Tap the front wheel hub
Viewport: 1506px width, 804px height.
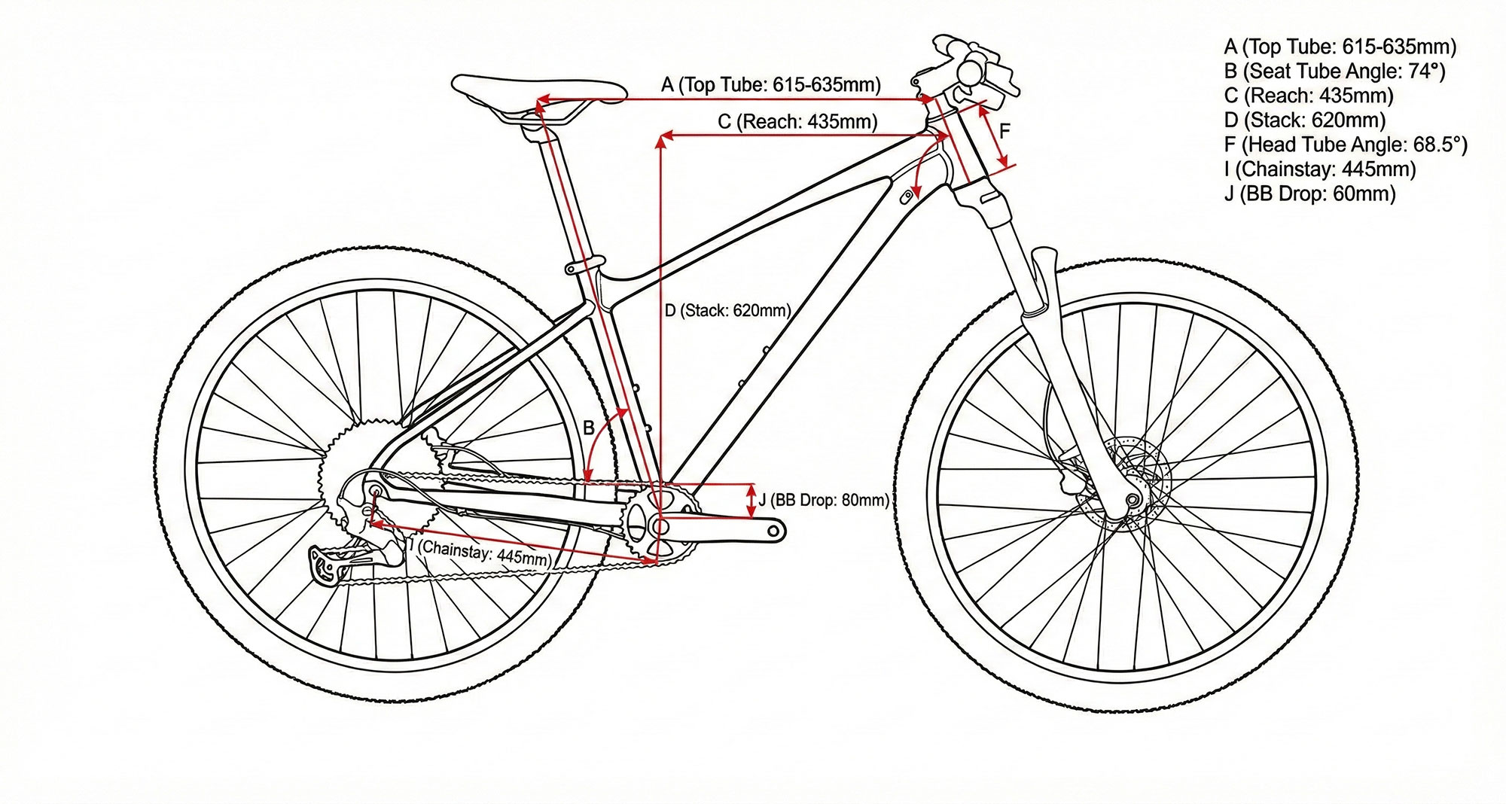click(x=1132, y=500)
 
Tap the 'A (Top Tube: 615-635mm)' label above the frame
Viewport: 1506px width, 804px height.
click(x=770, y=84)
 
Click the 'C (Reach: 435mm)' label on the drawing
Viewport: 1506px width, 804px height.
click(x=797, y=121)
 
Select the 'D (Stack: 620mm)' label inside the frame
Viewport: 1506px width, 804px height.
click(x=727, y=310)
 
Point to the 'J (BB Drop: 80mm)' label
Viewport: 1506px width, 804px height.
click(x=823, y=500)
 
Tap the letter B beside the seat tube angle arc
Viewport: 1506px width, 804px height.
click(x=590, y=428)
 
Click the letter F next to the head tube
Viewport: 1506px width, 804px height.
click(x=1005, y=132)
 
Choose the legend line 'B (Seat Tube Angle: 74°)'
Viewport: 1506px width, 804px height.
click(x=1334, y=71)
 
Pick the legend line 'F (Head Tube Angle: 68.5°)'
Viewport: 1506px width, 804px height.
click(x=1346, y=145)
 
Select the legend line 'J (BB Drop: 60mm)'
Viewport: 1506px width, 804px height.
click(x=1309, y=193)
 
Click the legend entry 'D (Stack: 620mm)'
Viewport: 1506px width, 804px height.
click(x=1304, y=120)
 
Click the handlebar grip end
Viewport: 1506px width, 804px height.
click(x=970, y=72)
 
